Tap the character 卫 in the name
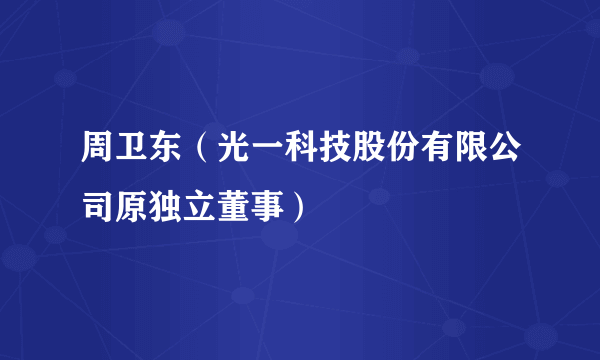click(130, 156)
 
